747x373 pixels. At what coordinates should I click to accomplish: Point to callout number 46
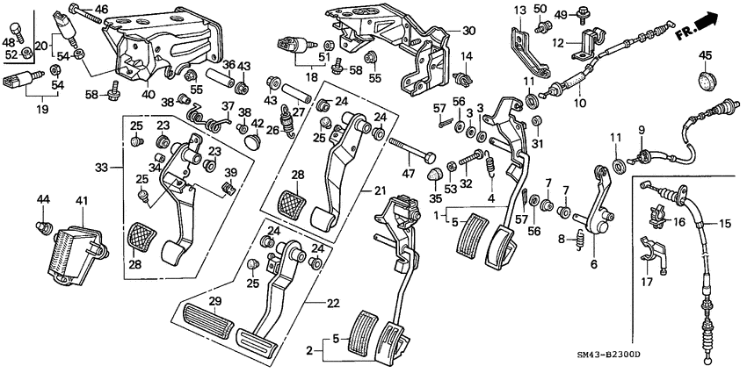coord(102,10)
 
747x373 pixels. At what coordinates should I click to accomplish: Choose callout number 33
coord(103,168)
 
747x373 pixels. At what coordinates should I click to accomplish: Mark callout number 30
coord(468,30)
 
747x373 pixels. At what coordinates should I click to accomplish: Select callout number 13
coord(519,9)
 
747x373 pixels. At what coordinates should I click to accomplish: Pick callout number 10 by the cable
coord(578,103)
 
